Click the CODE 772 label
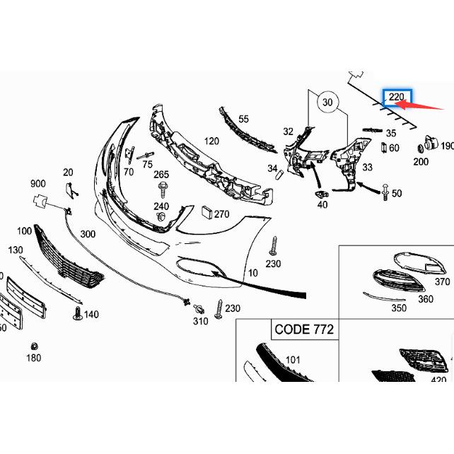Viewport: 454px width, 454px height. click(303, 330)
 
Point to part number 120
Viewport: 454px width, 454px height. click(211, 141)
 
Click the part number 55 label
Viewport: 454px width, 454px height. click(243, 120)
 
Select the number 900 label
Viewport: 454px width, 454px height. click(37, 184)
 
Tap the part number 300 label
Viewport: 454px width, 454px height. click(88, 234)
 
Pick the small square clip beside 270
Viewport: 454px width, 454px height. click(206, 211)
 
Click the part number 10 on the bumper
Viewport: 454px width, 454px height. click(253, 272)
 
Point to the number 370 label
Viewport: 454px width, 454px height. click(442, 281)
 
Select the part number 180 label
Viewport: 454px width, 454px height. click(33, 358)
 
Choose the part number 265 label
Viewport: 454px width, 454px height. click(161, 175)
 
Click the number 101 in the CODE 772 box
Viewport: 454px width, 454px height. click(292, 359)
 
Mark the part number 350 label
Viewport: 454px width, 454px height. click(399, 308)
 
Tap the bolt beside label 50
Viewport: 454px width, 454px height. click(384, 191)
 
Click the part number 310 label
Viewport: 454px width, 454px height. click(200, 321)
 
